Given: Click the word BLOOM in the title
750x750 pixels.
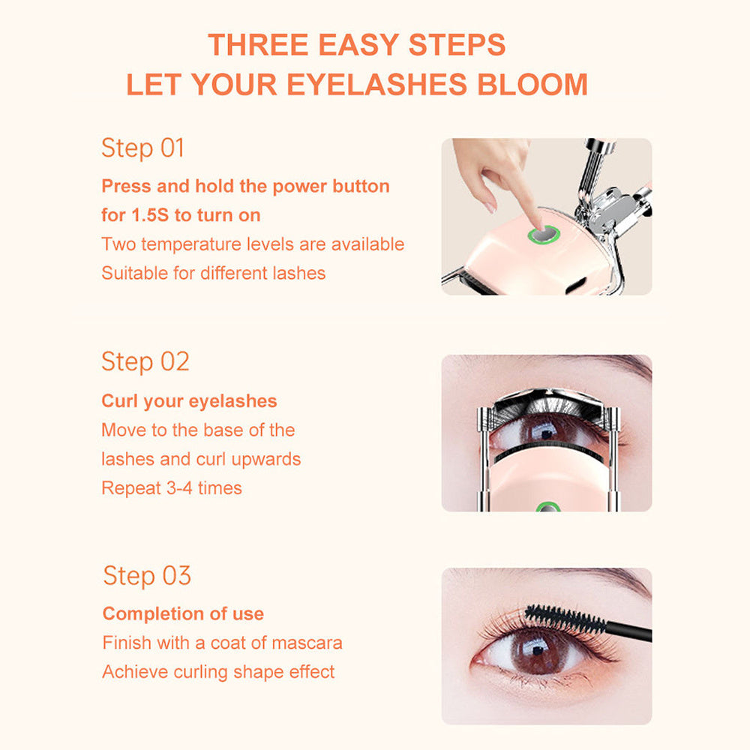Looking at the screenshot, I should point(532,84).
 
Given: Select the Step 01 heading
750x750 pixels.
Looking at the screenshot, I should point(142,148).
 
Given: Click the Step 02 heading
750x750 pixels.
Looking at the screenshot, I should point(145,361).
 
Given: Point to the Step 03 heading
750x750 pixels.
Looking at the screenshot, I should point(147,576).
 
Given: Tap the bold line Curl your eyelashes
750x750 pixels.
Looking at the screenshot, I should point(189,401).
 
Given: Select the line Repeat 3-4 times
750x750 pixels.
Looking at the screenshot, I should point(172,488).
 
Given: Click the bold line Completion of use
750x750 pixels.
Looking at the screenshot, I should point(183,614).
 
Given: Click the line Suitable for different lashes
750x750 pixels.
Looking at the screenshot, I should point(214,273).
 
